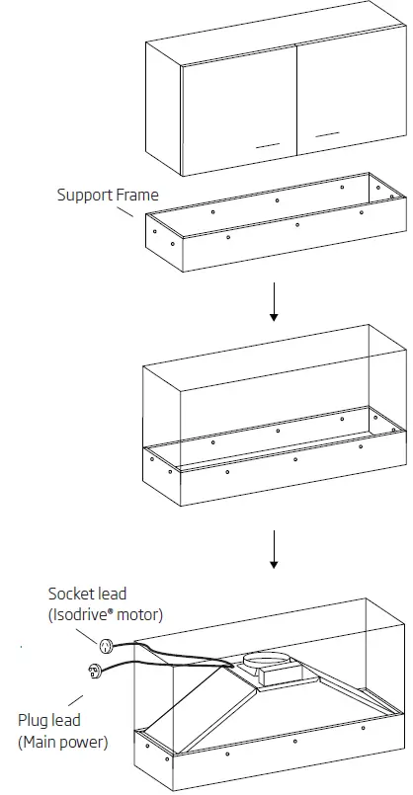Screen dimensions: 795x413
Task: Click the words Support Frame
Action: (107, 196)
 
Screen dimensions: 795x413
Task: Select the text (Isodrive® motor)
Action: (106, 615)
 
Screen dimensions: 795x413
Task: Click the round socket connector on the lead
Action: (105, 645)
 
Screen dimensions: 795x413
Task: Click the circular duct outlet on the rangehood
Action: (262, 657)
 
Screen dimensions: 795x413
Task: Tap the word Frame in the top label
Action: (137, 196)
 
